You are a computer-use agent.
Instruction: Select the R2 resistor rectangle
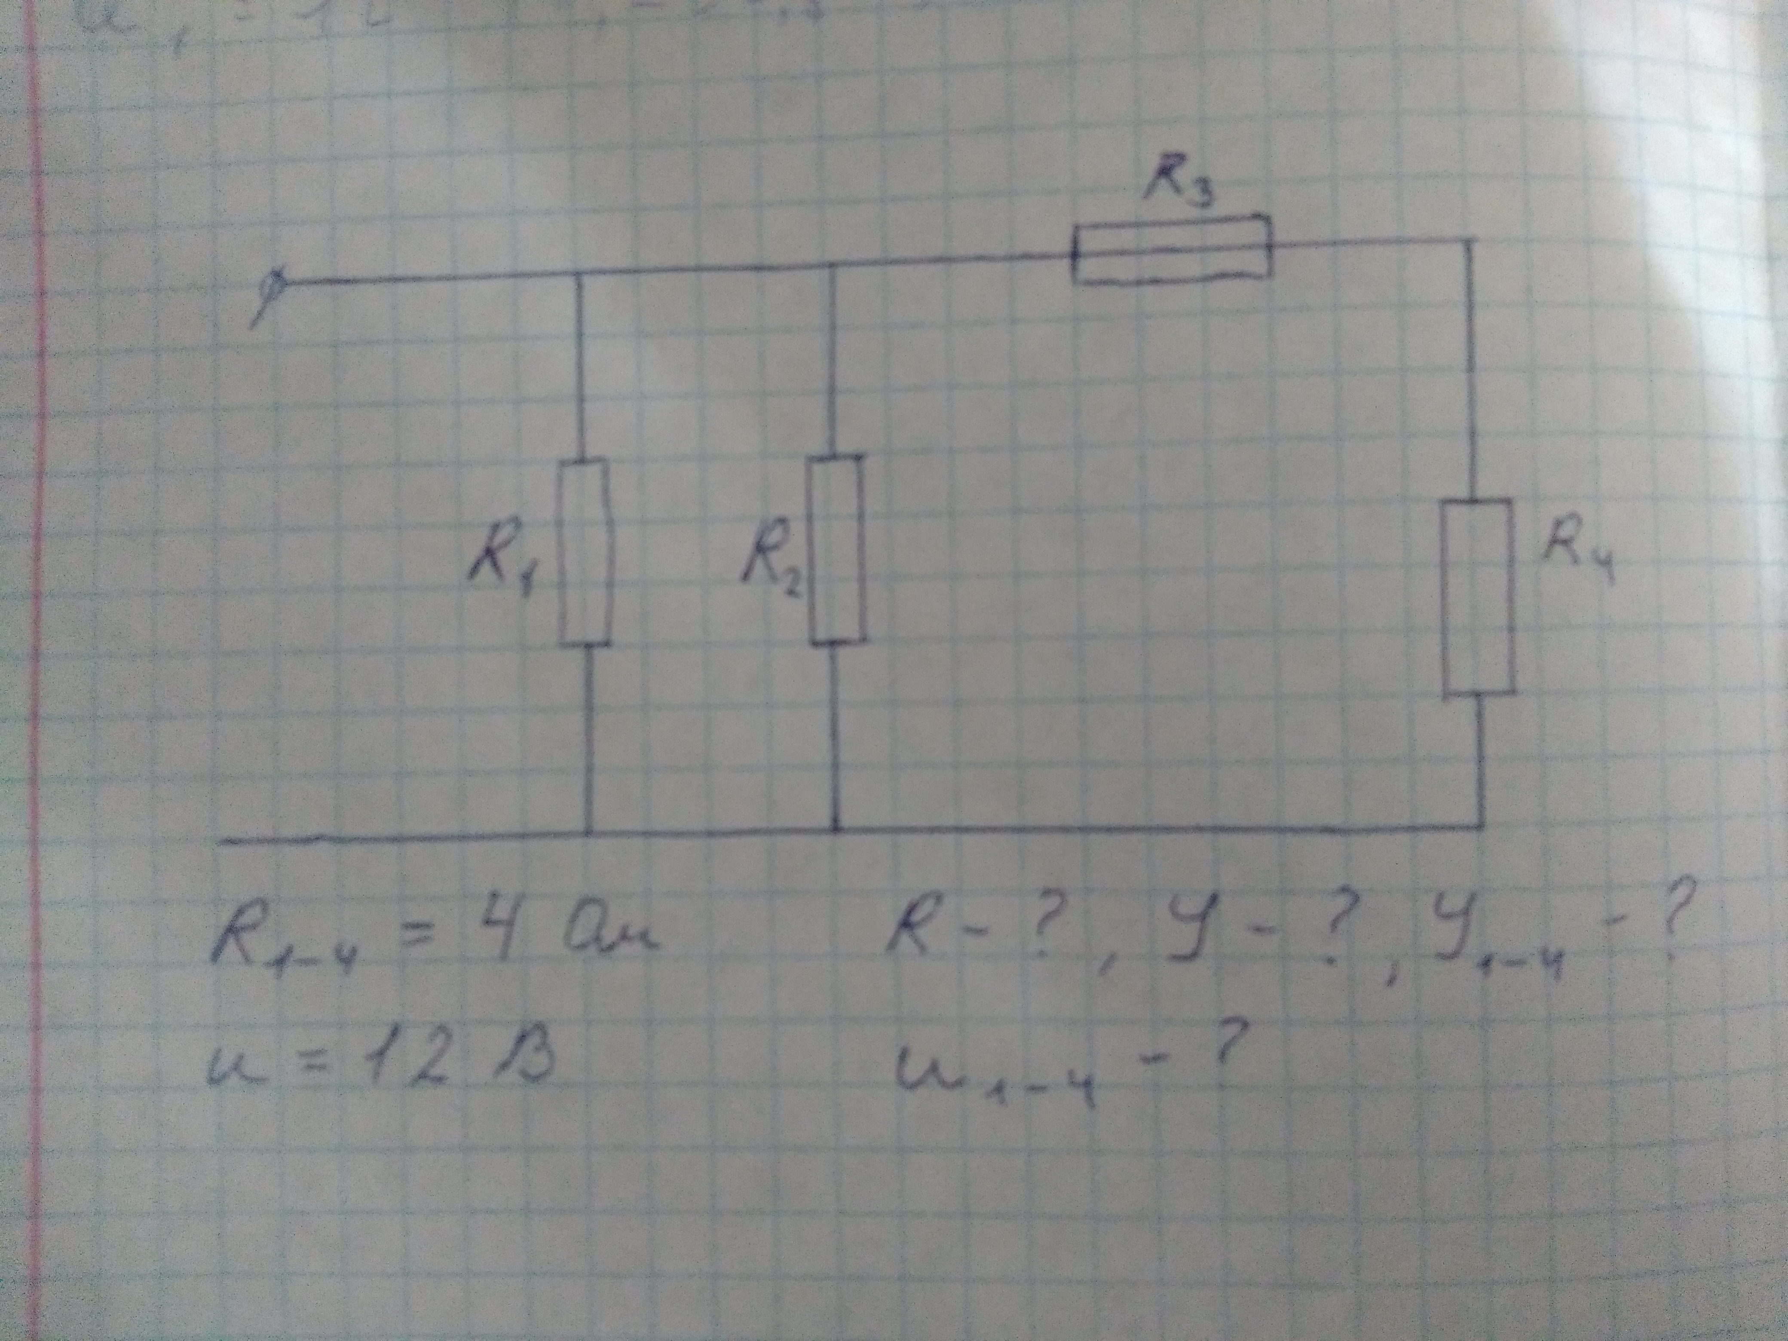836,550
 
